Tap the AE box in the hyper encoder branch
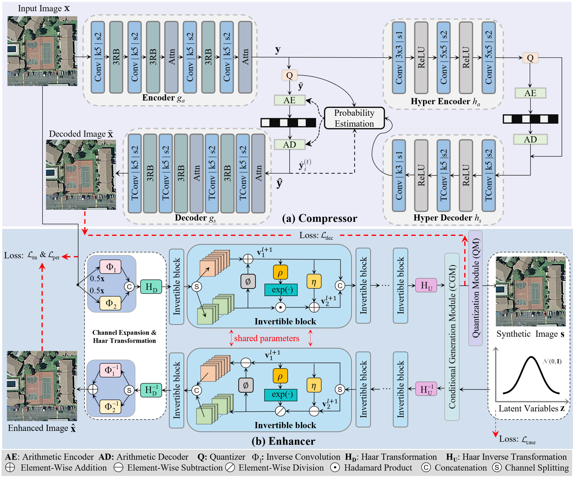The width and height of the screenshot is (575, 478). [x=530, y=93]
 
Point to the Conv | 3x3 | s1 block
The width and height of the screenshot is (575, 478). [x=399, y=58]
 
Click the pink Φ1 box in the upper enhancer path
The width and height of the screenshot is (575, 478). [x=110, y=267]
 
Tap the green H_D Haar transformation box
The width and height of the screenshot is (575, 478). [x=151, y=287]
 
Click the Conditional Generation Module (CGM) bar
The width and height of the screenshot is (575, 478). [x=452, y=336]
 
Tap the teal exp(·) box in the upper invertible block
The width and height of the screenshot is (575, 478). [x=281, y=290]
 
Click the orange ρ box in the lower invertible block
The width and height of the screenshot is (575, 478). [x=280, y=376]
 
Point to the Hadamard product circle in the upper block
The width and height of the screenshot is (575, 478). [x=280, y=307]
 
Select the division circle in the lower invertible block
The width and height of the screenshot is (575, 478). [x=280, y=411]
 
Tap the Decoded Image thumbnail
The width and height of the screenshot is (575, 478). [x=81, y=175]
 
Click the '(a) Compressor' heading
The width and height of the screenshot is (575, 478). [x=320, y=218]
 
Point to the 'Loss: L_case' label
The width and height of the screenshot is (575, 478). [x=517, y=439]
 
